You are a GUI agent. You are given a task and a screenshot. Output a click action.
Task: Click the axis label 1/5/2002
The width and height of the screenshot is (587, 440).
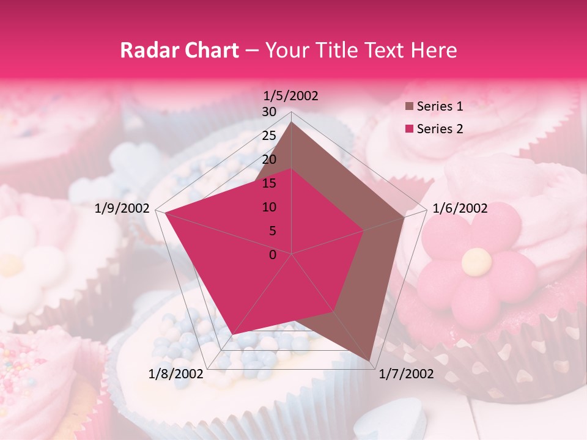291,96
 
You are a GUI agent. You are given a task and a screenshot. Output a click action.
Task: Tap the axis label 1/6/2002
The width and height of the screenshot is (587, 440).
460,208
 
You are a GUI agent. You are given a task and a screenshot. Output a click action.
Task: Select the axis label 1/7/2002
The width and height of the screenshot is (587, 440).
407,374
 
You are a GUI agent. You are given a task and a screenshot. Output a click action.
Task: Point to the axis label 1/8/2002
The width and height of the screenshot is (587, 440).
175,374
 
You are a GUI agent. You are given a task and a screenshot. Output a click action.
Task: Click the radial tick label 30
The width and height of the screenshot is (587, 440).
269,112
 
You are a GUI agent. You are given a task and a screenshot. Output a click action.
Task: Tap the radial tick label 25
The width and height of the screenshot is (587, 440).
269,136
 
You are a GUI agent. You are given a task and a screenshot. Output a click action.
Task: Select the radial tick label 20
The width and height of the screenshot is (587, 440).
269,159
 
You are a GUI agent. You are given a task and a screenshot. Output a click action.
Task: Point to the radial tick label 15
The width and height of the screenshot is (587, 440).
269,183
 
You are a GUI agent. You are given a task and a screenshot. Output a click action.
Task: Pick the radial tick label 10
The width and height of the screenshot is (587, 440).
269,207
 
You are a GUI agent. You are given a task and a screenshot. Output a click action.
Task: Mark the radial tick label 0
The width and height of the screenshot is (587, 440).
273,255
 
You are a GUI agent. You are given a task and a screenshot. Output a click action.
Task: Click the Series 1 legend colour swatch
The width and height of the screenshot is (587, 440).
409,106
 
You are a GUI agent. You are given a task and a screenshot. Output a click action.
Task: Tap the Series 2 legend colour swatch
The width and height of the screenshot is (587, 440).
409,129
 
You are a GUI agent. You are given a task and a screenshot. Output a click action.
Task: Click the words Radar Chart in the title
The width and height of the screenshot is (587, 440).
179,50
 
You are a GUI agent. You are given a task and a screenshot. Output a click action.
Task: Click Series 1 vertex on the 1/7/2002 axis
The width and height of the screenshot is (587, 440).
370,361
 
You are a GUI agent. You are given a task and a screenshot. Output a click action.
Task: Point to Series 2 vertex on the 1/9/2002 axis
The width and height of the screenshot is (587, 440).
164,213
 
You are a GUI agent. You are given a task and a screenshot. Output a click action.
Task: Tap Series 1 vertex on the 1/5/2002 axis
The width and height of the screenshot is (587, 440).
292,122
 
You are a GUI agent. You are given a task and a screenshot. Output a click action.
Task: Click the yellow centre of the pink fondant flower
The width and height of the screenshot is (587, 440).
476,263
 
